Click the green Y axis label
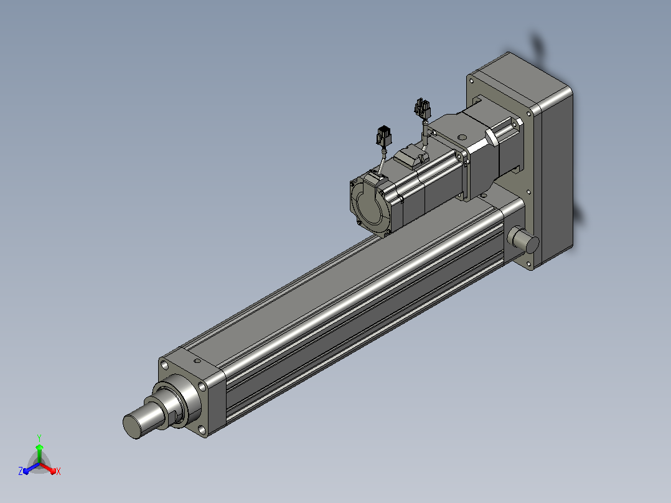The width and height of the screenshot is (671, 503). pos(39,438)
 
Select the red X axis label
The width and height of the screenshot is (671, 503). pos(59,471)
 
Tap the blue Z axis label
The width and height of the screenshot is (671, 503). pos(21,471)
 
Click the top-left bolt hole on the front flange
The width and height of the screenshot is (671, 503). pos(164,365)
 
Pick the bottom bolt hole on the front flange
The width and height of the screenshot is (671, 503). pos(202,430)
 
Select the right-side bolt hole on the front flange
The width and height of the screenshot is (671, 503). pos(202,387)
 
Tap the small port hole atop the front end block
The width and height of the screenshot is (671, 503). pos(197,361)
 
